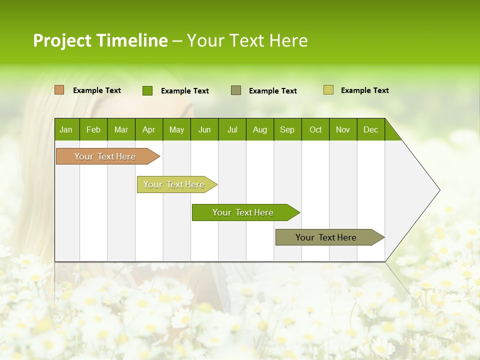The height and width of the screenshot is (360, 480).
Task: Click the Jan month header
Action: pyautogui.click(x=66, y=129)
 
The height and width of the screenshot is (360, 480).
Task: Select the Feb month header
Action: pyautogui.click(x=93, y=129)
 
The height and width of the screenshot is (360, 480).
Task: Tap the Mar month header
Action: pyautogui.click(x=121, y=129)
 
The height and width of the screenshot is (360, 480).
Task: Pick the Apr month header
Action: pyautogui.click(x=148, y=129)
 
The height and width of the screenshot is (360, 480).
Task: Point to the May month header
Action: pyautogui.click(x=176, y=129)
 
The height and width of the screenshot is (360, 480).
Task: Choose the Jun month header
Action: pyautogui.click(x=204, y=129)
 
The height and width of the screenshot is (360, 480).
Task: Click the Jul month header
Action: pyautogui.click(x=232, y=129)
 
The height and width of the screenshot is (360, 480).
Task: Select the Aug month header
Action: pyautogui.click(x=260, y=129)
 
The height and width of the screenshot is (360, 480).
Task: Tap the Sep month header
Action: pyautogui.click(x=287, y=129)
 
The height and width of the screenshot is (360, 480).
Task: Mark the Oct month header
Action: pyautogui.click(x=315, y=129)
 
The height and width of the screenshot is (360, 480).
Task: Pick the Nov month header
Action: pyautogui.click(x=343, y=129)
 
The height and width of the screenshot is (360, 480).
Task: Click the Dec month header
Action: pyautogui.click(x=371, y=129)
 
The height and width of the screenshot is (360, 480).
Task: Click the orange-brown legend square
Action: pyautogui.click(x=59, y=90)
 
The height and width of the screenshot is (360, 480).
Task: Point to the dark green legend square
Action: pyautogui.click(x=147, y=90)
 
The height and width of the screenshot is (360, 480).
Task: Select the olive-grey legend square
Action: pyautogui.click(x=236, y=90)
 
